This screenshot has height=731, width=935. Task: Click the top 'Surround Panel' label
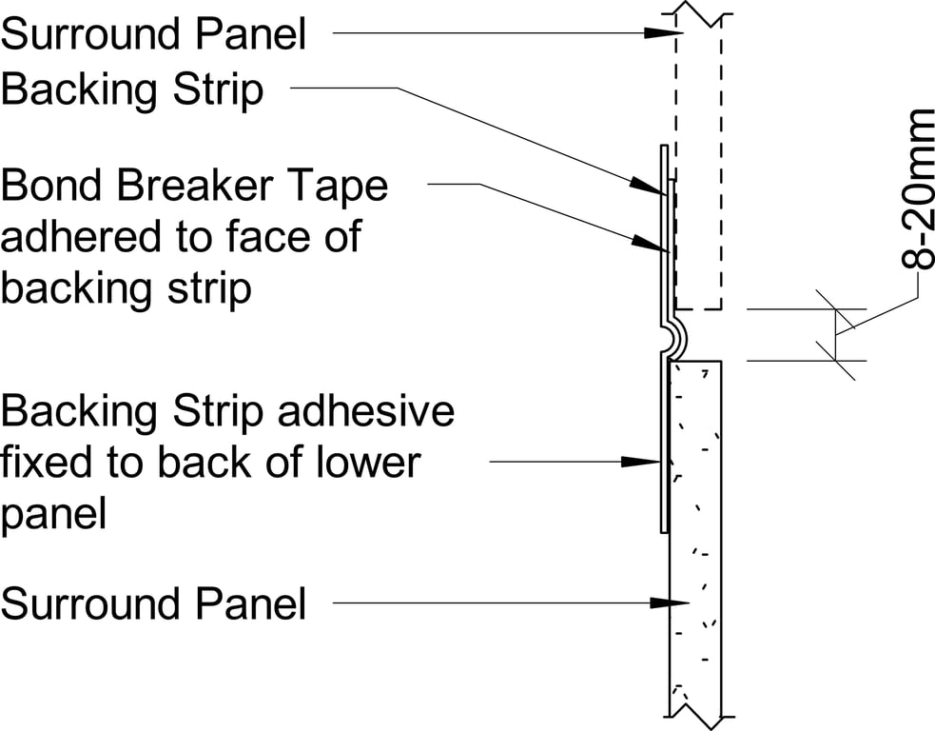(x=154, y=35)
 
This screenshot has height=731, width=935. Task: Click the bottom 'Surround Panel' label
(x=154, y=603)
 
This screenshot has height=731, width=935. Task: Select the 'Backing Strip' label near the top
(x=132, y=90)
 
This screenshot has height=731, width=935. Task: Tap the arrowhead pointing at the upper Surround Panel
(x=661, y=32)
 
